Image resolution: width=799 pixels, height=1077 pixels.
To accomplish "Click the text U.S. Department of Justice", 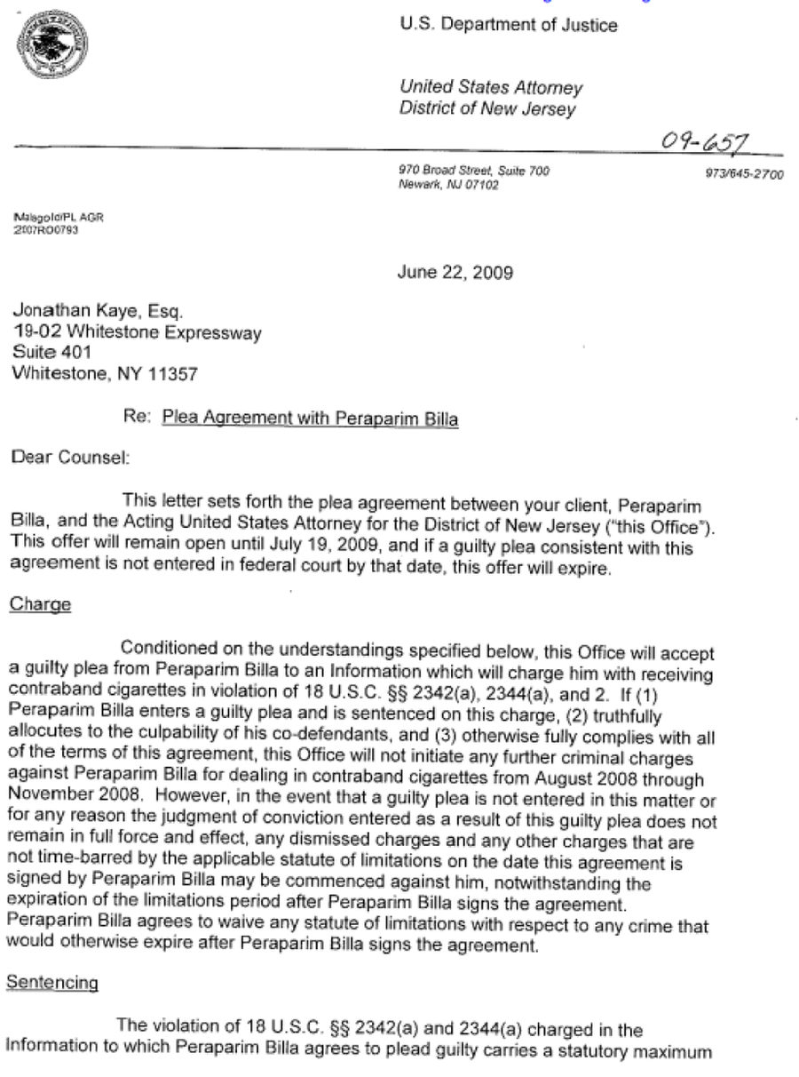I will pos(509,26).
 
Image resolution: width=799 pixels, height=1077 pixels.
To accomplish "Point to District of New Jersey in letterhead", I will pos(487,110).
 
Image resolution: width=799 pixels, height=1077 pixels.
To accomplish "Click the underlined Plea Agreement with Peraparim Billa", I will pos(311,418).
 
